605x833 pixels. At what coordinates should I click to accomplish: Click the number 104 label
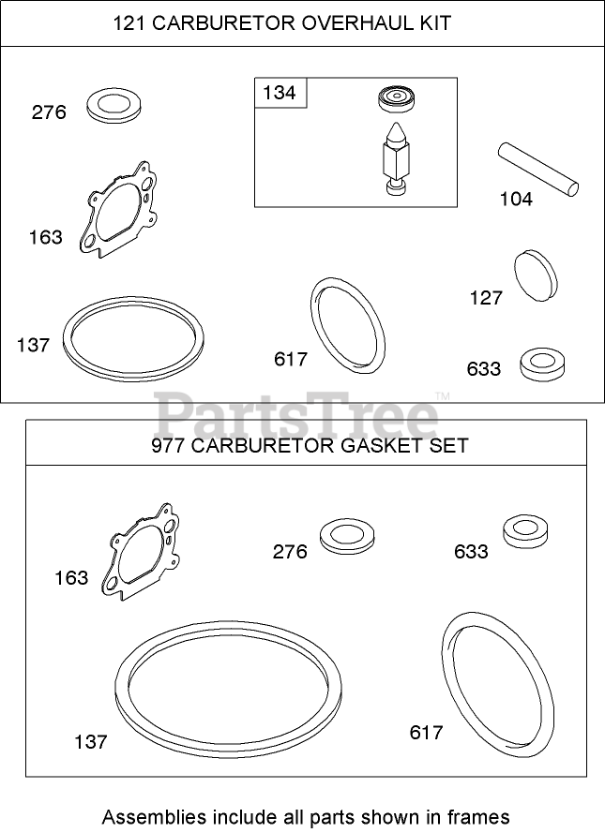click(515, 199)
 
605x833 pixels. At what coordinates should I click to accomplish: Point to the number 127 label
click(486, 299)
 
